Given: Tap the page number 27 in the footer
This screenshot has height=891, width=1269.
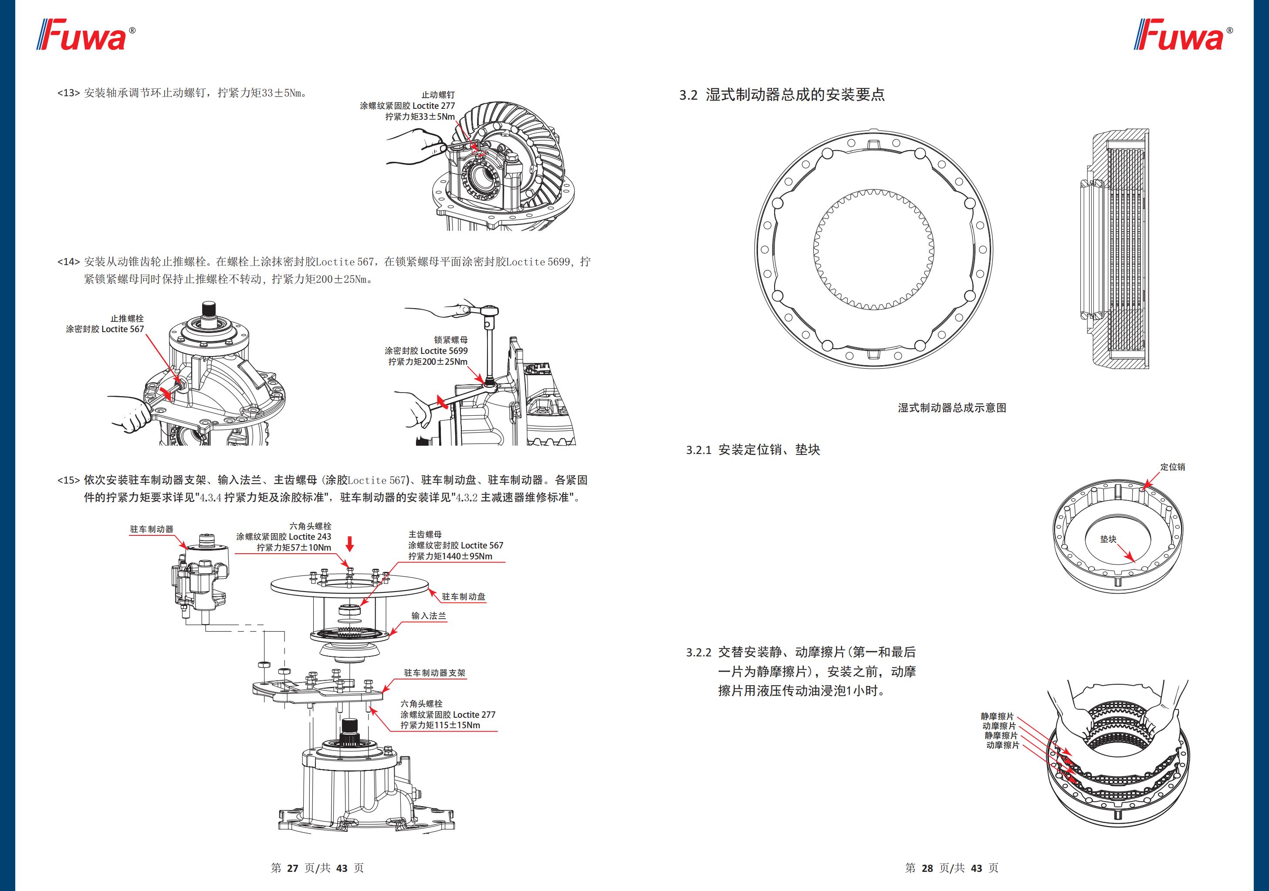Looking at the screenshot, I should (x=293, y=868).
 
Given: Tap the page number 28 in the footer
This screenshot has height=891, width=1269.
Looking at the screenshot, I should (x=927, y=868).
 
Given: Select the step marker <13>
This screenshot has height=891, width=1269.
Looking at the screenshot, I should (x=68, y=93).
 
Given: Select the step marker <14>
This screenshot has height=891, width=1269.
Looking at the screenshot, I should (x=68, y=261).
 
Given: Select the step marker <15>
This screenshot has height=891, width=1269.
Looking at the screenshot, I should (x=68, y=480).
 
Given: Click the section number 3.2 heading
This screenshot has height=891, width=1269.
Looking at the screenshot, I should (x=689, y=95).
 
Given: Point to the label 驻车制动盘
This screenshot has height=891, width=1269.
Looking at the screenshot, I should (x=463, y=597).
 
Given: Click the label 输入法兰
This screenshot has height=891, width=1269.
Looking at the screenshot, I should (x=428, y=615).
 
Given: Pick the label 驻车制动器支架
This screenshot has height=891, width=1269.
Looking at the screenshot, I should (x=434, y=673).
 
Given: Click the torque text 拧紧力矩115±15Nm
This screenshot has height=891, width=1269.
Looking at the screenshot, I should (x=440, y=725).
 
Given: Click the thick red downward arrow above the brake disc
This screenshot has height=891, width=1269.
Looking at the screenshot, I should (x=349, y=544).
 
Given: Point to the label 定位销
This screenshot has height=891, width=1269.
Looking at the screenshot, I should (x=1172, y=467).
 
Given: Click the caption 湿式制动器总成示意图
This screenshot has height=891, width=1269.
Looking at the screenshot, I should (x=952, y=408).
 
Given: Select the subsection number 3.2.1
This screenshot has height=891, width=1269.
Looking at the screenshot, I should (x=699, y=450).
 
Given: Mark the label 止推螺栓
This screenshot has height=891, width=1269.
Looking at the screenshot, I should (x=127, y=318).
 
